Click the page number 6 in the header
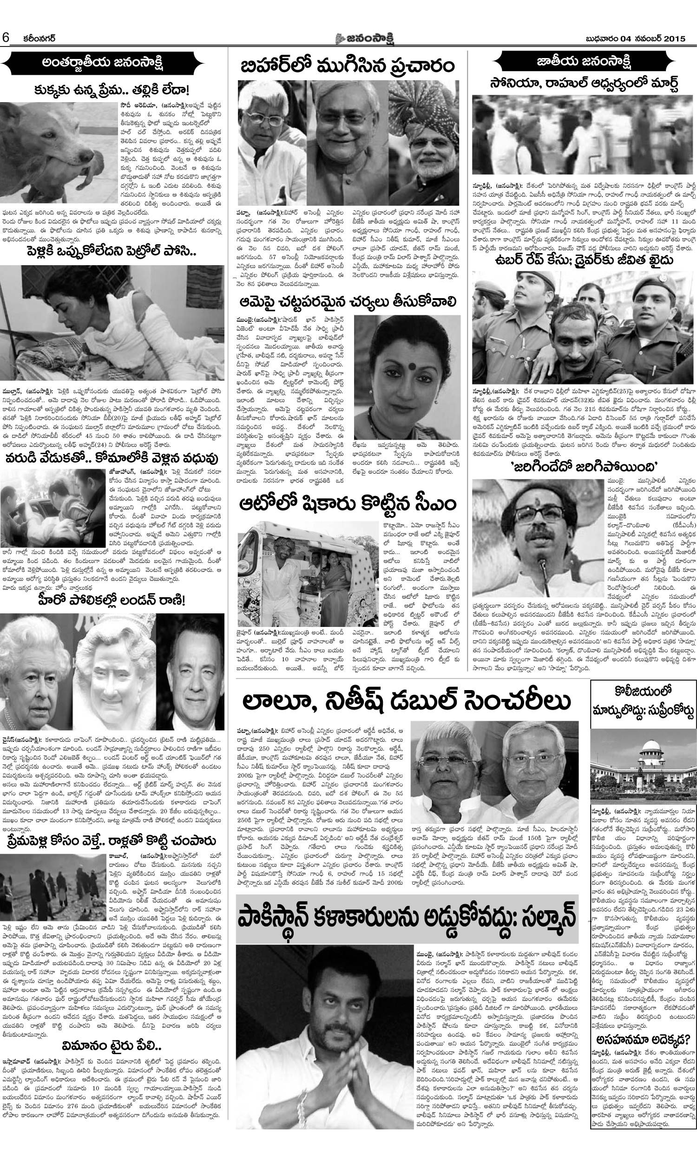coord(6,37)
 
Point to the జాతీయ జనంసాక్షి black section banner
coord(583,60)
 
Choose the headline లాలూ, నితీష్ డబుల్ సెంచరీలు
coord(406,715)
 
